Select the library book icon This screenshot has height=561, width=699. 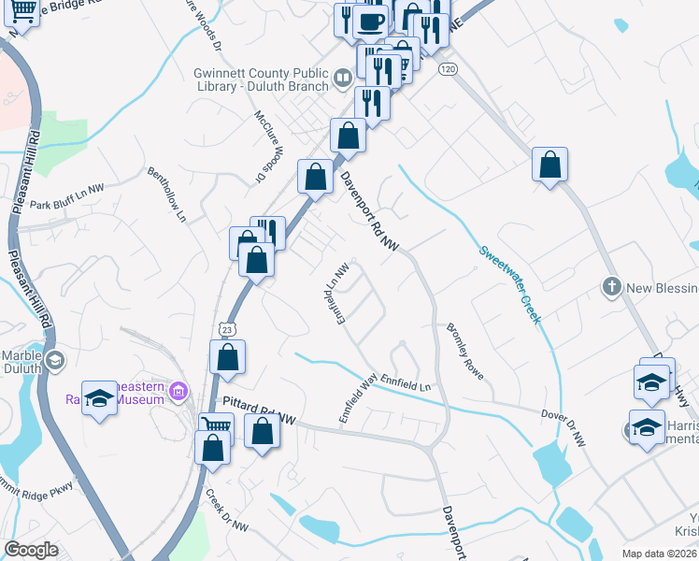(x=343, y=78)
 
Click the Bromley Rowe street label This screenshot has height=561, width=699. (x=464, y=352)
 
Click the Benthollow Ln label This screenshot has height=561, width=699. (x=168, y=194)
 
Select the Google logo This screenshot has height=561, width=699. (x=31, y=550)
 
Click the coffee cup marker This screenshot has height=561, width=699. (x=370, y=21)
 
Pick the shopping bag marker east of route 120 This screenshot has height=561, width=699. (x=550, y=165)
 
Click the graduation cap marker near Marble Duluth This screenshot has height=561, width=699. (x=55, y=359)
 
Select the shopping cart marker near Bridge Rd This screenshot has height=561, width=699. (x=23, y=10)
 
